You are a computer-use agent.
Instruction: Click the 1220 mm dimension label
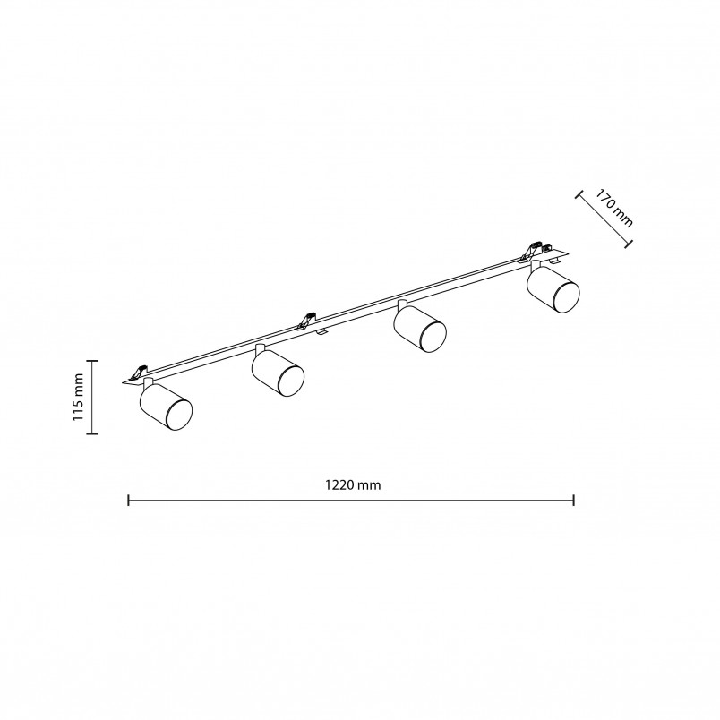[353, 484]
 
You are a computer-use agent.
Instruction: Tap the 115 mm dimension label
[78, 398]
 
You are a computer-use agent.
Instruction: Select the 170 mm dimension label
[614, 208]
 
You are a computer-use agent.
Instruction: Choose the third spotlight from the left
[420, 329]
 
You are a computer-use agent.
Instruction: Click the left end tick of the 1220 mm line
[129, 500]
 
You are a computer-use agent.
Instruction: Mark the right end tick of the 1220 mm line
[573, 500]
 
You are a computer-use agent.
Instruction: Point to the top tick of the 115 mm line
[92, 361]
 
